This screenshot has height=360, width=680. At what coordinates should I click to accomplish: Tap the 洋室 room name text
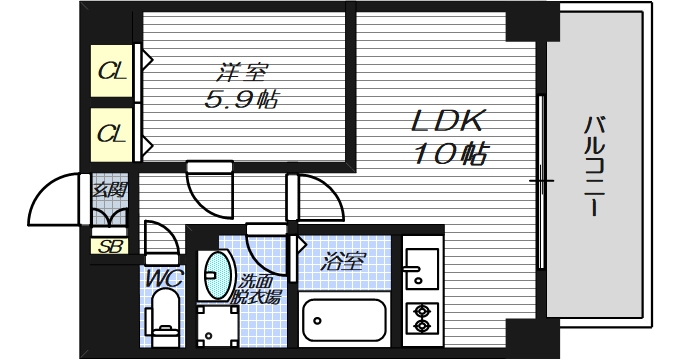coord(242,72)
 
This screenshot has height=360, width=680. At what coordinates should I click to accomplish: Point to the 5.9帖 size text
coord(241,100)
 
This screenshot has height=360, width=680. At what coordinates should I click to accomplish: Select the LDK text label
coord(449,122)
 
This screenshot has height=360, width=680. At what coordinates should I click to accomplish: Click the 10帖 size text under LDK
coord(449,154)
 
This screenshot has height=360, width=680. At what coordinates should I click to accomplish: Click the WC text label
coord(161,276)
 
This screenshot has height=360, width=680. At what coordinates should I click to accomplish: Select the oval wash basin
coord(216,276)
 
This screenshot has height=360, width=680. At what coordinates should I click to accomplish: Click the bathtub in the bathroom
coord(344,322)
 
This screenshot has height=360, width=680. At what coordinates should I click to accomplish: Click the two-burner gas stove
coord(420,317)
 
